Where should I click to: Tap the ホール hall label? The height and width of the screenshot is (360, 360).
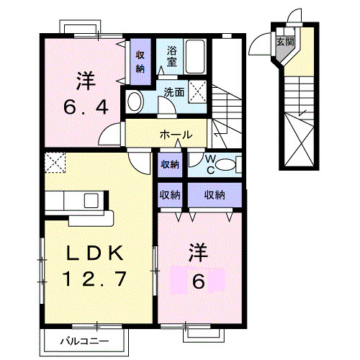coord(175,135)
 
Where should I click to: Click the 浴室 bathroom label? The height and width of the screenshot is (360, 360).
coord(173,57)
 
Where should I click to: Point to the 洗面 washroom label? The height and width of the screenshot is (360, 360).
coord(174,92)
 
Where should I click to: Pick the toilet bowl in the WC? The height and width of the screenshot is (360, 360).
coord(229,165)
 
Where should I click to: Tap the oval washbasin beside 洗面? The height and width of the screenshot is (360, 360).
coord(135,102)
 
